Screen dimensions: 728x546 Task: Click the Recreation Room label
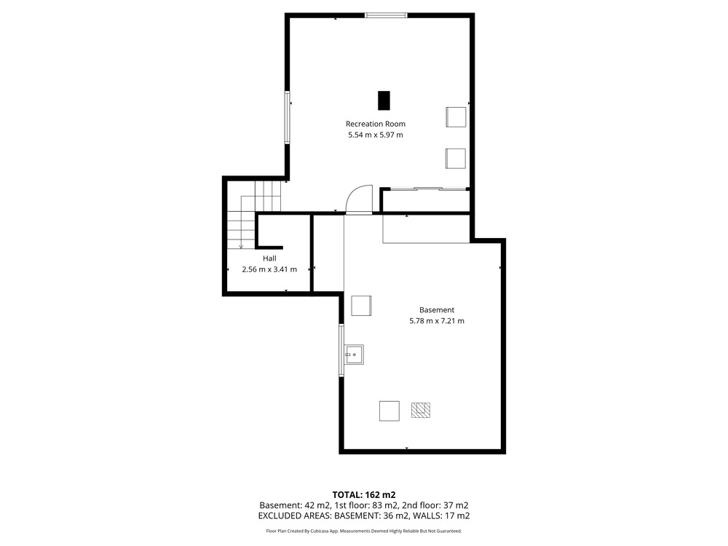tap(375, 124)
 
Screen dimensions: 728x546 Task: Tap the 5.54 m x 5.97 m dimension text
tap(375, 135)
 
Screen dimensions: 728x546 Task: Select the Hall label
tap(269, 258)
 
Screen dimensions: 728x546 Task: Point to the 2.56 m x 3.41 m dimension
tap(269, 269)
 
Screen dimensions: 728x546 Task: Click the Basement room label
tap(436, 309)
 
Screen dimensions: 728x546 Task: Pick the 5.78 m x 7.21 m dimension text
tap(436, 321)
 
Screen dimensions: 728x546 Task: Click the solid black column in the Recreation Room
tap(384, 100)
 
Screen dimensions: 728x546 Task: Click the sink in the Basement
tap(354, 355)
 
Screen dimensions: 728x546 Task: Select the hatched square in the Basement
tap(421, 410)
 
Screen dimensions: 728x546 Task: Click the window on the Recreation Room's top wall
tap(386, 15)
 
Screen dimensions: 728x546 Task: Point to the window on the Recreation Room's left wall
tap(288, 117)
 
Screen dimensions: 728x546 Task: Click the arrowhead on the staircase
tap(241, 246)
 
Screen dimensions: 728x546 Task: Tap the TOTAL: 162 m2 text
tap(363, 495)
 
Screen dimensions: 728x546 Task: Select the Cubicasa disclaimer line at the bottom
tap(363, 531)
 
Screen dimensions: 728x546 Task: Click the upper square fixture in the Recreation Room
tap(456, 116)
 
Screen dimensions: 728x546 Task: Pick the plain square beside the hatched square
tap(389, 411)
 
